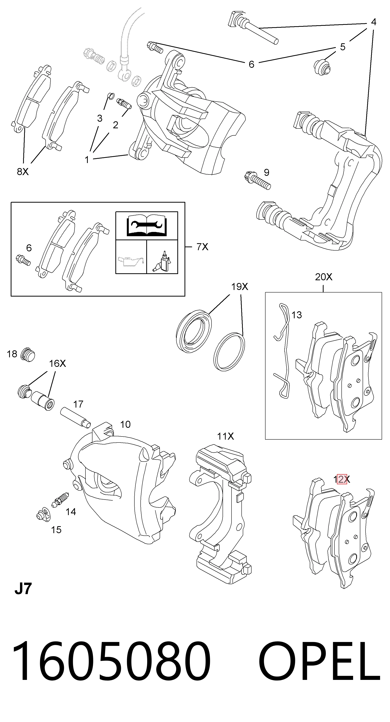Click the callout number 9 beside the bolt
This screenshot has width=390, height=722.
pyautogui.click(x=266, y=172)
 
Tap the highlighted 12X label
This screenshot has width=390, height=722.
pyautogui.click(x=342, y=479)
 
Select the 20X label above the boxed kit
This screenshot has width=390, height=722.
pyautogui.click(x=324, y=277)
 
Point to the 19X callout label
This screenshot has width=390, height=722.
pyautogui.click(x=240, y=286)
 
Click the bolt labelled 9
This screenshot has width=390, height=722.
pyautogui.click(x=257, y=180)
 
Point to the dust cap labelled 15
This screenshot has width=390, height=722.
pyautogui.click(x=44, y=515)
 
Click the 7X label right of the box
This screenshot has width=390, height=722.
pyautogui.click(x=202, y=247)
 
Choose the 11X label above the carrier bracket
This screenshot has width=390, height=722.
pyautogui.click(x=225, y=436)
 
